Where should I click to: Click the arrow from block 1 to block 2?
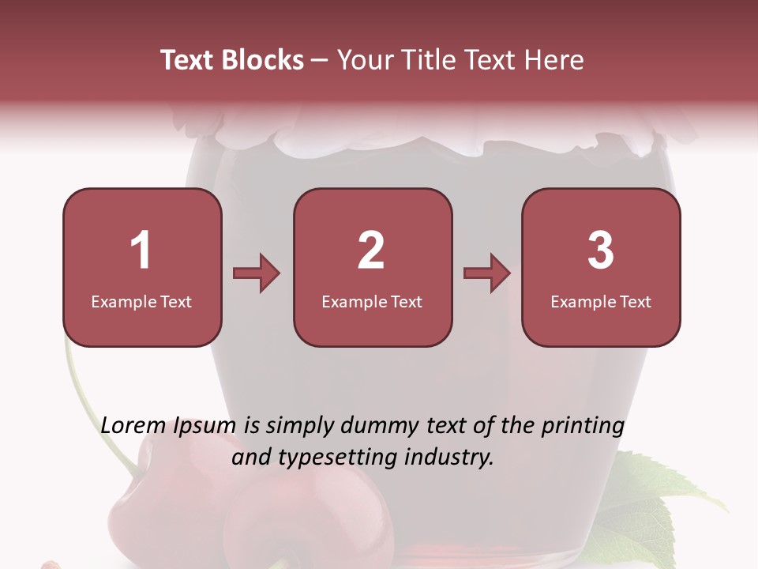tap(257, 273)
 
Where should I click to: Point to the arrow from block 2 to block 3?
tap(487, 273)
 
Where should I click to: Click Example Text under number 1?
tap(141, 301)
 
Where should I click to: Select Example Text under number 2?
tap(372, 301)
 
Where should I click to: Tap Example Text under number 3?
tap(601, 301)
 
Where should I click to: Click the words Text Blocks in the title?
tap(232, 60)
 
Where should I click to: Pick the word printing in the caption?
tap(582, 427)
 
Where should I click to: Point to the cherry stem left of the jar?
tap(95, 411)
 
